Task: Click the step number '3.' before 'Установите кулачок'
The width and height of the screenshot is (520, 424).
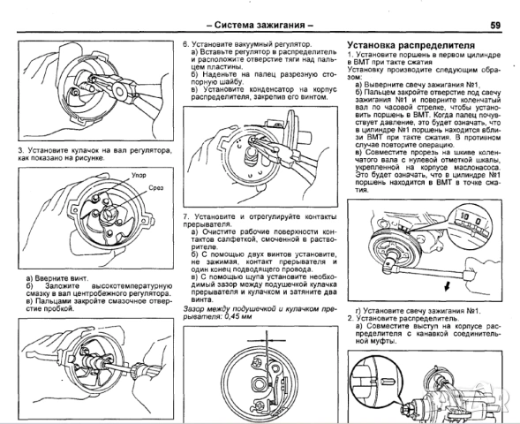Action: tap(20, 151)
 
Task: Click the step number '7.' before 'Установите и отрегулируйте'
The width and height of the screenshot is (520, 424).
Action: tap(185, 216)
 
